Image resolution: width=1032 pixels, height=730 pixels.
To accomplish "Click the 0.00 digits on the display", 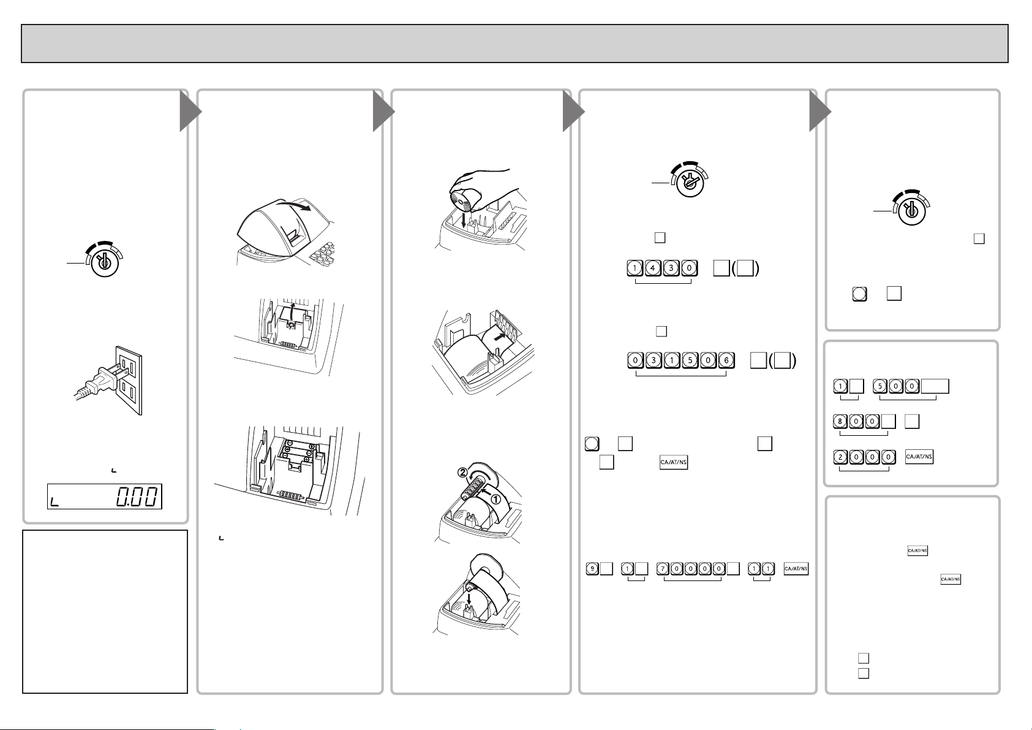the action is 137,496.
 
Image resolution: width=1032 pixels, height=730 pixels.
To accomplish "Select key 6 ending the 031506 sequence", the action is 726,360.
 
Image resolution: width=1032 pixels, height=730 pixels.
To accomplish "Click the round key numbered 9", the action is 592,569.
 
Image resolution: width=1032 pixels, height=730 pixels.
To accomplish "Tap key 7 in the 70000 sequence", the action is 663,569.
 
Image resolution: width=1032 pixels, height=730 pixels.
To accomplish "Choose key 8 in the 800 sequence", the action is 840,422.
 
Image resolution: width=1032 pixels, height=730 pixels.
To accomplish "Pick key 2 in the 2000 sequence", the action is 841,457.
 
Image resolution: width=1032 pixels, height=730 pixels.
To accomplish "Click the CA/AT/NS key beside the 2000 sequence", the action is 919,457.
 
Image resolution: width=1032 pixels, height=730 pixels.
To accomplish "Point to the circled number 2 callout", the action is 462,472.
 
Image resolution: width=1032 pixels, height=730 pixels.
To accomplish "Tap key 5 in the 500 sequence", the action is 880,386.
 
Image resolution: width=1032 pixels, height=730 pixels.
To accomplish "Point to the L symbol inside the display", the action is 55,502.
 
